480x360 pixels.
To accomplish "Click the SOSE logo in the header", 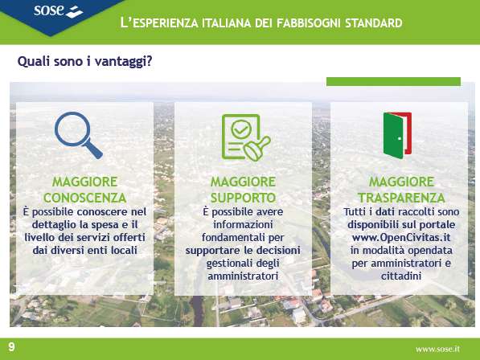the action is point(58,11).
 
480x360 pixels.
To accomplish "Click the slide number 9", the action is point(11,347).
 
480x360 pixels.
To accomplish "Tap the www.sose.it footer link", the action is point(437,349).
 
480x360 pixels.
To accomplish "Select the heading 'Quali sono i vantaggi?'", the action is point(84,61).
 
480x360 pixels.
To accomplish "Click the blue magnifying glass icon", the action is point(78,135).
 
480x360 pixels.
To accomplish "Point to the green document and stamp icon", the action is point(246,137).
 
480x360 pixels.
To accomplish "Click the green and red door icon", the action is point(397,135).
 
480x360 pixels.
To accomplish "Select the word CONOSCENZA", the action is point(84,198).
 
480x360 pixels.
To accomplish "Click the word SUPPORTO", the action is point(243,198).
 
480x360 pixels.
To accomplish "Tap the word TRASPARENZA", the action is point(401,198).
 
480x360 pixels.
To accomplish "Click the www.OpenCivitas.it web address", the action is point(401,238).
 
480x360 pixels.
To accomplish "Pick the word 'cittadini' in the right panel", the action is point(401,276).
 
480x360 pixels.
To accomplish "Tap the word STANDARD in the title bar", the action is point(374,23).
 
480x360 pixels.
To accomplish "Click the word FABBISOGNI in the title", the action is point(309,23).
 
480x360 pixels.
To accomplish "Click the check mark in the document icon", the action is point(241,129).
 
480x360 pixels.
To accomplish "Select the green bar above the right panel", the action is point(393,81).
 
